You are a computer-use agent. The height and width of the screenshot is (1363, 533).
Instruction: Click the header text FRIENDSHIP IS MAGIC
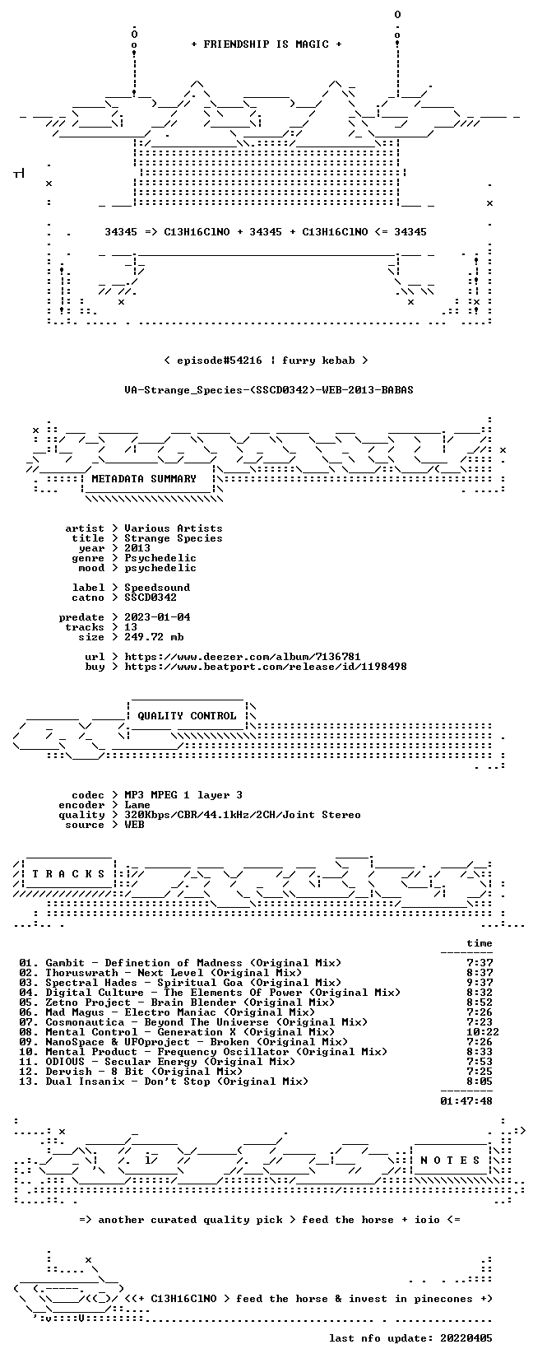(266, 44)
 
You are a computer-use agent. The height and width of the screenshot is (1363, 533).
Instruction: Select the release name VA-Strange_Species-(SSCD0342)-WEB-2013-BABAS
(269, 390)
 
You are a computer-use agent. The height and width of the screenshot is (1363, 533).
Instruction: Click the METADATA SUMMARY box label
(144, 479)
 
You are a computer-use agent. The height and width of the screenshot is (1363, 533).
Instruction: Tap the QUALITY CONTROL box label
(187, 716)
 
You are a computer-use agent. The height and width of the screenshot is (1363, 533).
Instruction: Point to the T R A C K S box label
(68, 874)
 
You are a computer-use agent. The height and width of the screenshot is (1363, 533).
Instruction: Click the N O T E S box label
(450, 1161)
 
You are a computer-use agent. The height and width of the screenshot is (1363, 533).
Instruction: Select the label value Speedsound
(157, 588)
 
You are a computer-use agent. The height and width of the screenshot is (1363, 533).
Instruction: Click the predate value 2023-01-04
(157, 617)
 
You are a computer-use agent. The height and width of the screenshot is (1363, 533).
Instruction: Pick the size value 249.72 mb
(154, 637)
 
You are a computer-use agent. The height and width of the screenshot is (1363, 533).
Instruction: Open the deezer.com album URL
(243, 657)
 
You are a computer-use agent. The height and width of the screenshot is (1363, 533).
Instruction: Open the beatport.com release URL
(266, 667)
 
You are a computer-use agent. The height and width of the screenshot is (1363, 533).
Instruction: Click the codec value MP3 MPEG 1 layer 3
(183, 795)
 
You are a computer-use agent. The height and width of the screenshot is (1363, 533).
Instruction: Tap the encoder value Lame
(137, 805)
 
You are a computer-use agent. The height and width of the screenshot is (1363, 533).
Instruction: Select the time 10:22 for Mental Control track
(480, 1032)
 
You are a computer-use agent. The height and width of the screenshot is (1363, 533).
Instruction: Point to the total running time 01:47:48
(466, 1100)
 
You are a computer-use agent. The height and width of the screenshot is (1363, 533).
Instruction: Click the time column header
(480, 943)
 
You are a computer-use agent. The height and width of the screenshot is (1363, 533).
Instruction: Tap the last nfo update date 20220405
(466, 1338)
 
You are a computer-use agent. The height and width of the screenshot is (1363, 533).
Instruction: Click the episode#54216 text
(220, 361)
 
